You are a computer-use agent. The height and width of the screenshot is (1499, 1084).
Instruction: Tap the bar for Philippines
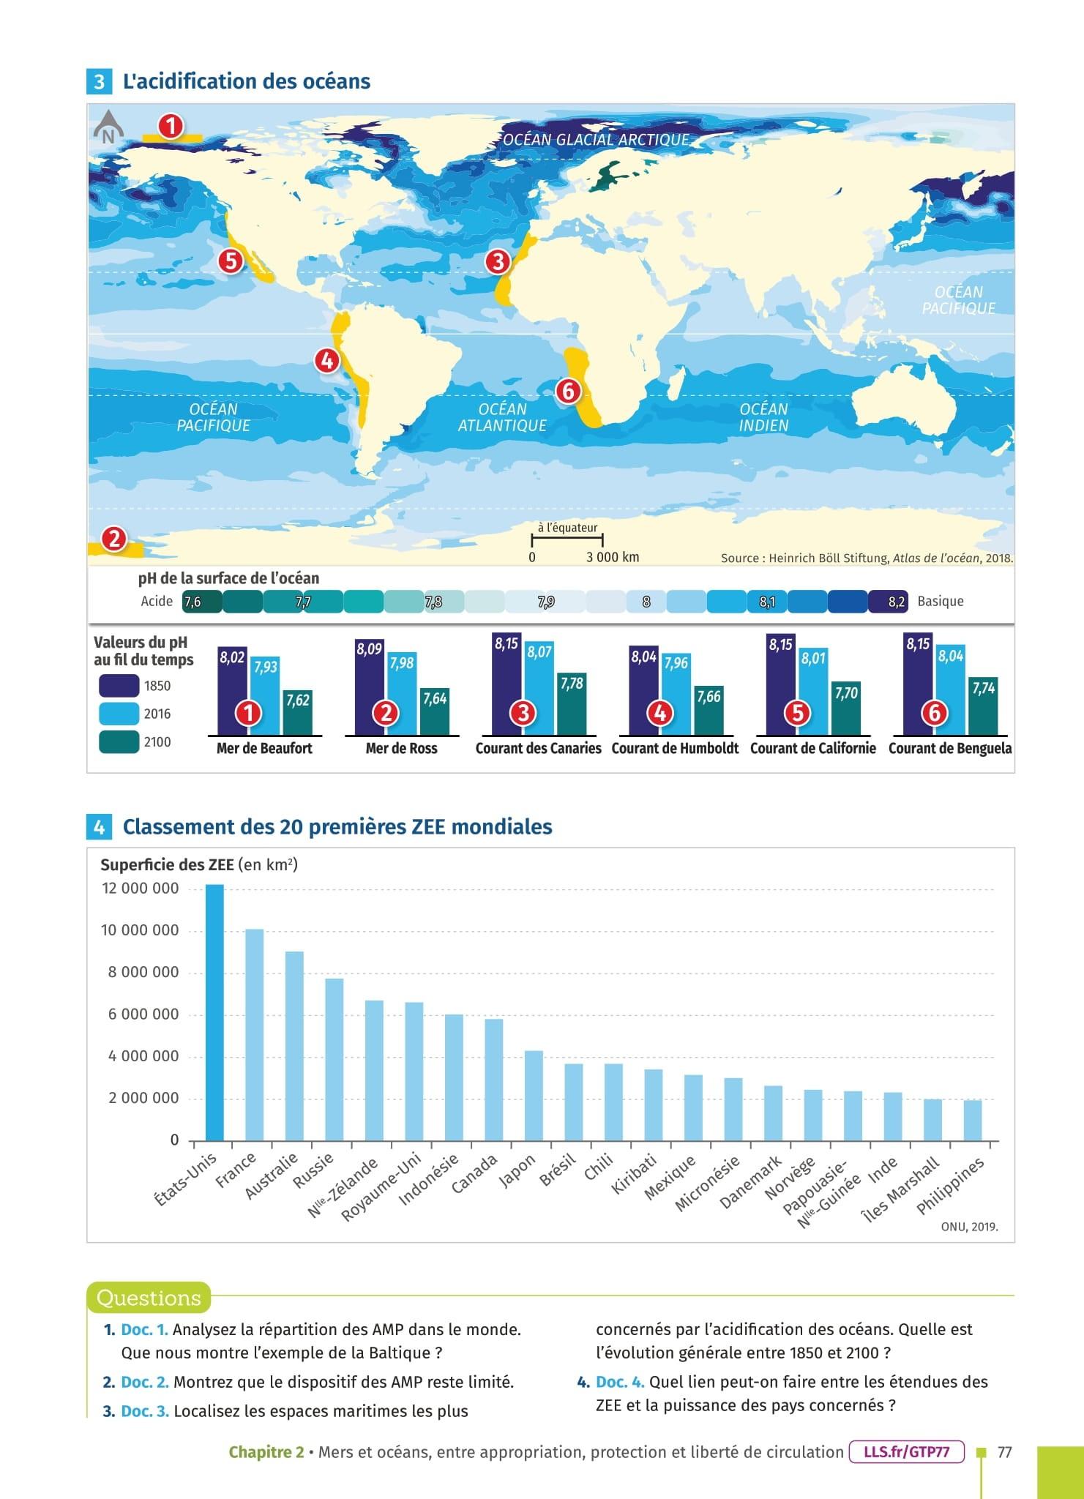973,1120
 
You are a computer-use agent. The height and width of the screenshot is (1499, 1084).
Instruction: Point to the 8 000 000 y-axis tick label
140,973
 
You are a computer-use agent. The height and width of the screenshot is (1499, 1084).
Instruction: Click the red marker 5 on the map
231,261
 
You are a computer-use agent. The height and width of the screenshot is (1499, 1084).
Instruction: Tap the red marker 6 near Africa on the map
567,391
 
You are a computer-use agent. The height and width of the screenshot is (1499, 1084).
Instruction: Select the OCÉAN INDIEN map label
763,417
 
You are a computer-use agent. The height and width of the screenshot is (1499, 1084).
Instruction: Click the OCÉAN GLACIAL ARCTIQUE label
596,140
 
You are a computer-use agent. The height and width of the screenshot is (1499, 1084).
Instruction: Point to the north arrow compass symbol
108,127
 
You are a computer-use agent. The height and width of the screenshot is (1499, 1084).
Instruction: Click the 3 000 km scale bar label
613,557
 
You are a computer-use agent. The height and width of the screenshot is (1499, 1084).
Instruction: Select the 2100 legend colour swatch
119,741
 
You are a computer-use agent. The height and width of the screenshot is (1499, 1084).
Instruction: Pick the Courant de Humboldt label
675,748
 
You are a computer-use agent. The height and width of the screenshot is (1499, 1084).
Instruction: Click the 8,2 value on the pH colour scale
896,602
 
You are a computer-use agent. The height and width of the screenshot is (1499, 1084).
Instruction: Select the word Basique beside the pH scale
940,602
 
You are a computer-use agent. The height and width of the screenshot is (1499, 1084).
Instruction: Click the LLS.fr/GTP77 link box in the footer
906,1452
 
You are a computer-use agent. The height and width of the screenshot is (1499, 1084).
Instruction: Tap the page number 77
1004,1452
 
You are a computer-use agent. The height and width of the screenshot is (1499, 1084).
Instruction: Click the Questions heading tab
149,1298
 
